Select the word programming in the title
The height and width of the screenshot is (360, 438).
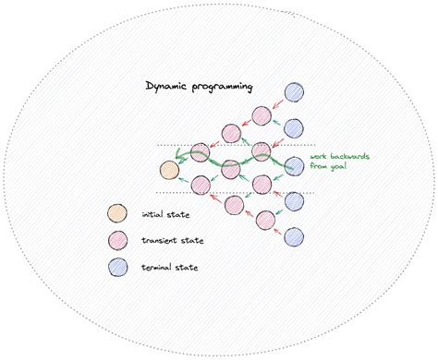point(225,88)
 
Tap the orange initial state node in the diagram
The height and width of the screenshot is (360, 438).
point(169,170)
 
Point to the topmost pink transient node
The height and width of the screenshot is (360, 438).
point(262,114)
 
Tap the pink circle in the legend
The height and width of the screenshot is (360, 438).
point(117,242)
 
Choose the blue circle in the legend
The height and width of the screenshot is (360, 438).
point(117,268)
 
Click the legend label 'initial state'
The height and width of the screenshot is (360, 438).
point(164,216)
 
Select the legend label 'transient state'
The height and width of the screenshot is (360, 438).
point(171,242)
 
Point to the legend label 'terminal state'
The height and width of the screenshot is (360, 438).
point(170,268)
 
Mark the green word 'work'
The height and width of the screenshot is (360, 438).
point(319,158)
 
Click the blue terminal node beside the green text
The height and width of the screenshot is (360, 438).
point(294,166)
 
